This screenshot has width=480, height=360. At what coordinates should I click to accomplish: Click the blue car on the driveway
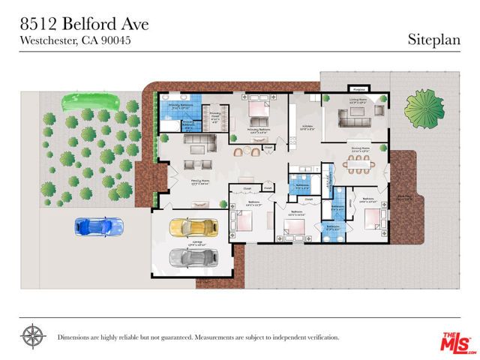coord(100,225)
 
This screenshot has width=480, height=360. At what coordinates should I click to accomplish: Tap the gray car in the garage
coord(190,258)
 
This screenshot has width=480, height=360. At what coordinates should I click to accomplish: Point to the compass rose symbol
coord(32,334)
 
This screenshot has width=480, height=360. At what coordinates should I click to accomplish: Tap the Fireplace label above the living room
coord(358,88)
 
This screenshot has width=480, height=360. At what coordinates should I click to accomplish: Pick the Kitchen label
coord(307,126)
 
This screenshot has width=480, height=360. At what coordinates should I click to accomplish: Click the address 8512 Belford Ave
coord(84,24)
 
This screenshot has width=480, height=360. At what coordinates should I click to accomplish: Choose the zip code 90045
coord(116,41)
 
